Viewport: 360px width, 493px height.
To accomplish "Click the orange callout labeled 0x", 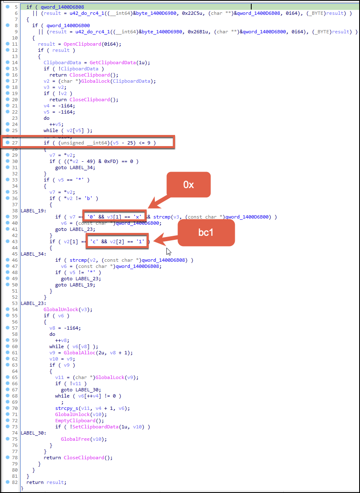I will (x=188, y=185).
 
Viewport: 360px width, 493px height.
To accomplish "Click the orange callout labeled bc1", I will (x=206, y=233).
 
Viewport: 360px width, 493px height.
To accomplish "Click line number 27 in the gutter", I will (x=15, y=143).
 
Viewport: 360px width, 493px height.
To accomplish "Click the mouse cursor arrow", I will (x=168, y=251).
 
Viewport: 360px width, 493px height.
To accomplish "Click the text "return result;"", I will (x=46, y=482).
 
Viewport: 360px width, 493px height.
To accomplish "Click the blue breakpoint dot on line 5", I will (x=8, y=7).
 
